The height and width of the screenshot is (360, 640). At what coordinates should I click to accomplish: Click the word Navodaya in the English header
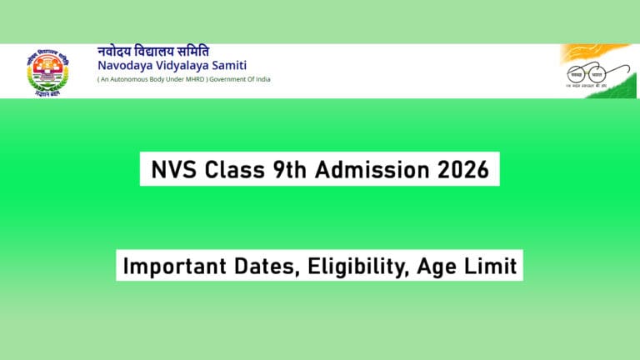[x=126, y=65]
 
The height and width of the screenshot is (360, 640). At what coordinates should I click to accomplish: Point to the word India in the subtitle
[x=261, y=80]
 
